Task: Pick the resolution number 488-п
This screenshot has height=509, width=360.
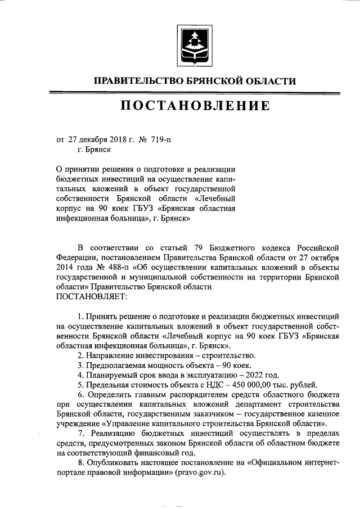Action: point(103,267)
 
